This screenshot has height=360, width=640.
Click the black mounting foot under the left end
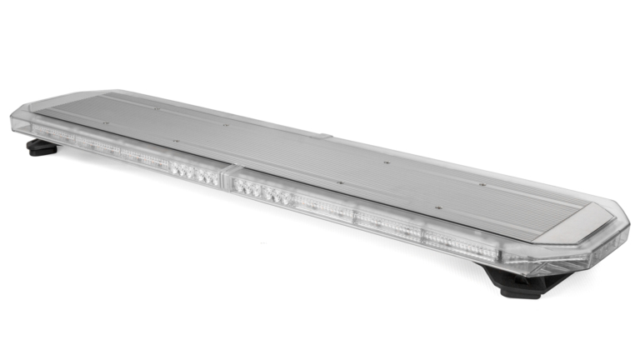(x=40, y=148)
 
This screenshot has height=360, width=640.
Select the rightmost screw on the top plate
(x=482, y=182)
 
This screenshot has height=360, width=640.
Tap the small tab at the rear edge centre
(x=324, y=134)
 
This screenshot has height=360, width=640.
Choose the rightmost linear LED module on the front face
(x=453, y=242)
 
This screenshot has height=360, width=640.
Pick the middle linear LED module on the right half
(x=387, y=225)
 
